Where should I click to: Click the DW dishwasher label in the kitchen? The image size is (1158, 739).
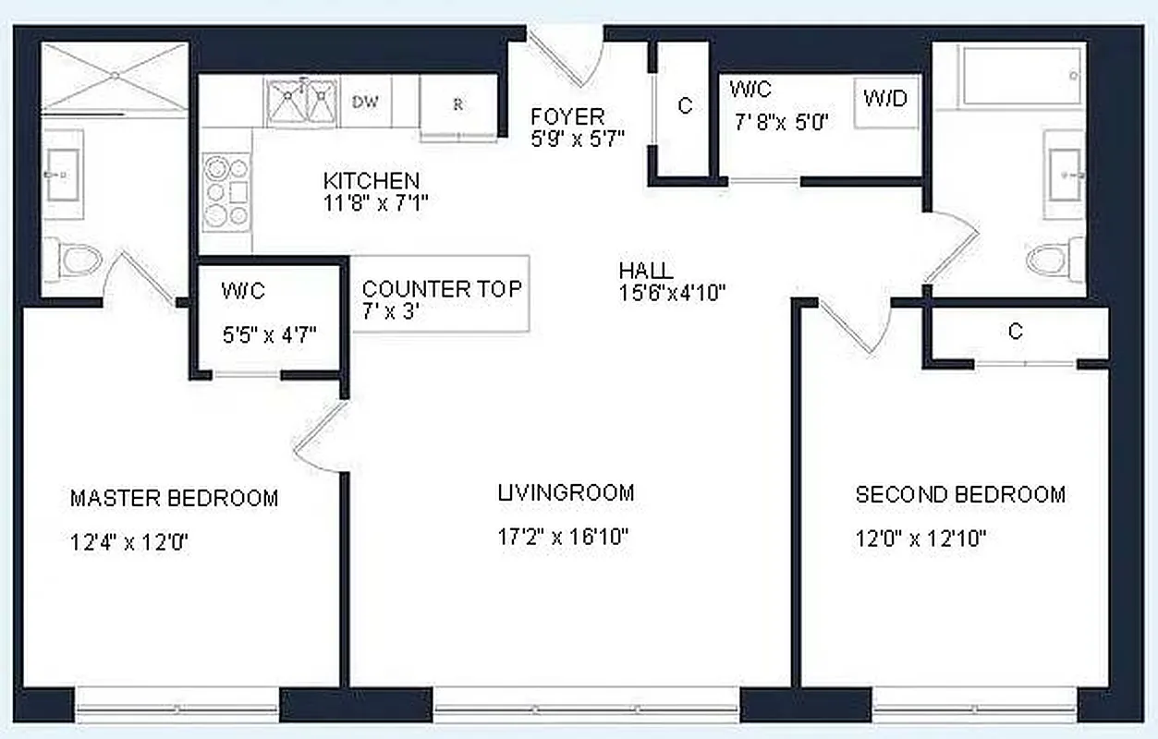pyautogui.click(x=365, y=102)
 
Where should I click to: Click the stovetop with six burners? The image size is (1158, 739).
pyautogui.click(x=226, y=191)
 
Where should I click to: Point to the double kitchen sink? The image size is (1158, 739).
pyautogui.click(x=300, y=101)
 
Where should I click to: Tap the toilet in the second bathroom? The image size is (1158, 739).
pyautogui.click(x=1054, y=258)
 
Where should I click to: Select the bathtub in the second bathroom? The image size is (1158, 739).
pyautogui.click(x=1021, y=76)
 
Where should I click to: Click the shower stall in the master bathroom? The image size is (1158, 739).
pyautogui.click(x=115, y=78)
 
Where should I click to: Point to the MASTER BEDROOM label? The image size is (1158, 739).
pyautogui.click(x=174, y=499)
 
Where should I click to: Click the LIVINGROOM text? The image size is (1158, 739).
pyautogui.click(x=566, y=492)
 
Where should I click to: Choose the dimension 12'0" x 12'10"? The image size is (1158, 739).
pyautogui.click(x=920, y=539)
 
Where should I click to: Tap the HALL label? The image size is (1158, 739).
pyautogui.click(x=645, y=272)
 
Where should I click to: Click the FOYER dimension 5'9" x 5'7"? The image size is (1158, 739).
pyautogui.click(x=578, y=139)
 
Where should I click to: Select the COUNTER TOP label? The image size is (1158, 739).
pyautogui.click(x=442, y=289)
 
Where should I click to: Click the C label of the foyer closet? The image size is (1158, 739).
pyautogui.click(x=685, y=106)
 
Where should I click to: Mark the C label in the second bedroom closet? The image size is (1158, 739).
pyautogui.click(x=1015, y=332)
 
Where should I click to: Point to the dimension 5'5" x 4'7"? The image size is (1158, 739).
pyautogui.click(x=269, y=334)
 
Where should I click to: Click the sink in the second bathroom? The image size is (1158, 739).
pyautogui.click(x=1064, y=174)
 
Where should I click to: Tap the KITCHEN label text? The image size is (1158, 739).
pyautogui.click(x=371, y=181)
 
